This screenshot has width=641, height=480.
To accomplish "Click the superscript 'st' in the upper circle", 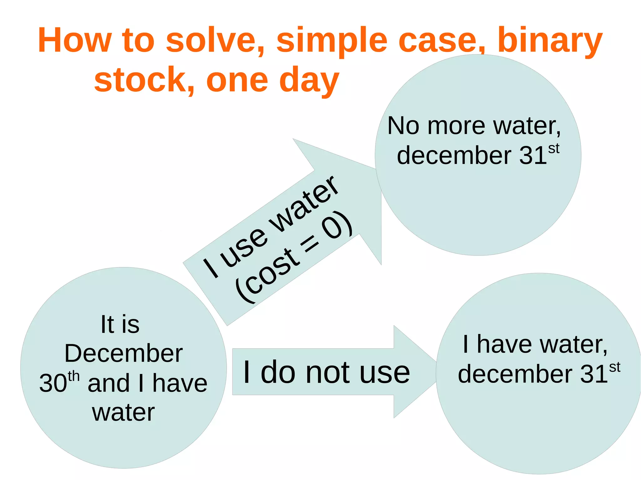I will [x=554, y=149].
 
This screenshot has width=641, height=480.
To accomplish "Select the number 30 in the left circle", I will [x=53, y=383].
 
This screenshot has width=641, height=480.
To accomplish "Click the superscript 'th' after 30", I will [x=74, y=376].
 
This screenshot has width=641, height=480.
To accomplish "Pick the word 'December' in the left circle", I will [x=123, y=353].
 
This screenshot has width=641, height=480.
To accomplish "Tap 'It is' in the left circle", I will [x=120, y=324].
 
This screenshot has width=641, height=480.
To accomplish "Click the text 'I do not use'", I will [x=326, y=372].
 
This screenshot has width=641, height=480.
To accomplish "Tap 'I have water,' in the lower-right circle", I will [x=535, y=344].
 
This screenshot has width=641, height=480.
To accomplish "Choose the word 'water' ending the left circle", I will [x=123, y=412].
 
